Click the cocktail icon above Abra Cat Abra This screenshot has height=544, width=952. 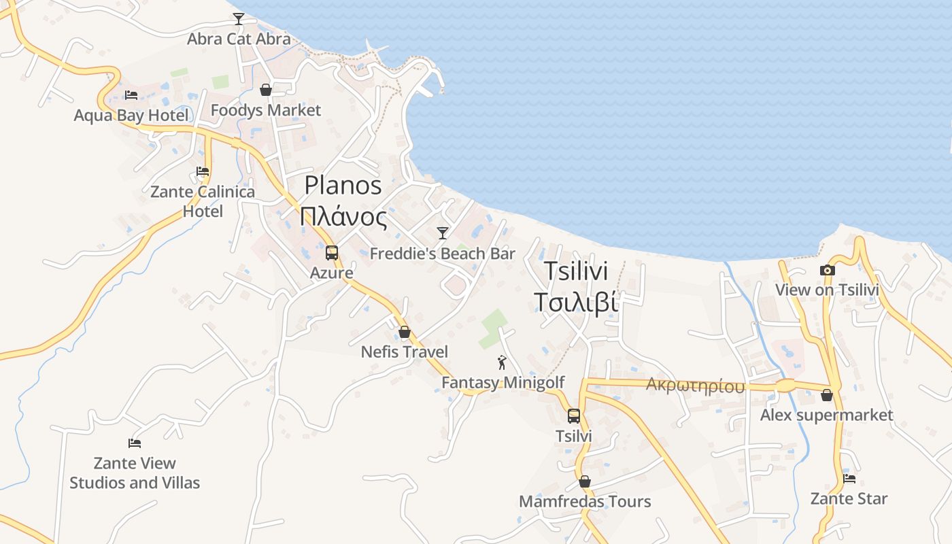pyautogui.click(x=239, y=18)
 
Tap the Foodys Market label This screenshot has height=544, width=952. pyautogui.click(x=265, y=110)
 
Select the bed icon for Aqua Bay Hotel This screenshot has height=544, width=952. pyautogui.click(x=131, y=95)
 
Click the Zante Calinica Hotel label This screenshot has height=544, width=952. pyautogui.click(x=203, y=201)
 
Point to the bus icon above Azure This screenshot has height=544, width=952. pyautogui.click(x=332, y=253)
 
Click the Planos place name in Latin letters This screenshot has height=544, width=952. pyautogui.click(x=343, y=185)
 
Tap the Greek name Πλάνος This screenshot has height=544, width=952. pyautogui.click(x=343, y=218)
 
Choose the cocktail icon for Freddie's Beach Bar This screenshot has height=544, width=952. pyautogui.click(x=443, y=233)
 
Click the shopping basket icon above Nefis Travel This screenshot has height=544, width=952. pyautogui.click(x=405, y=332)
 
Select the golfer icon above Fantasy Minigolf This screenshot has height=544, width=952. pyautogui.click(x=503, y=362)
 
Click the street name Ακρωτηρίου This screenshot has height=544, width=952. pyautogui.click(x=695, y=386)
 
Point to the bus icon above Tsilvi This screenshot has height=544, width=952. pyautogui.click(x=574, y=416)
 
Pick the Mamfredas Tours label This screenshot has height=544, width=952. pyautogui.click(x=585, y=502)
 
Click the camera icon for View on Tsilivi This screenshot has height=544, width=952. pyautogui.click(x=827, y=270)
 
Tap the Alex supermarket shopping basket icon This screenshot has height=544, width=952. pyautogui.click(x=827, y=394)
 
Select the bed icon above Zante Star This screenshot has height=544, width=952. pyautogui.click(x=849, y=478)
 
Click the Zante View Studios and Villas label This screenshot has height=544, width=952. pyautogui.click(x=135, y=473)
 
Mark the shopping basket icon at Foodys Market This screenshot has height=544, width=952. pyautogui.click(x=266, y=90)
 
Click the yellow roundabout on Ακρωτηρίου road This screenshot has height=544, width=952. pyautogui.click(x=785, y=386)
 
